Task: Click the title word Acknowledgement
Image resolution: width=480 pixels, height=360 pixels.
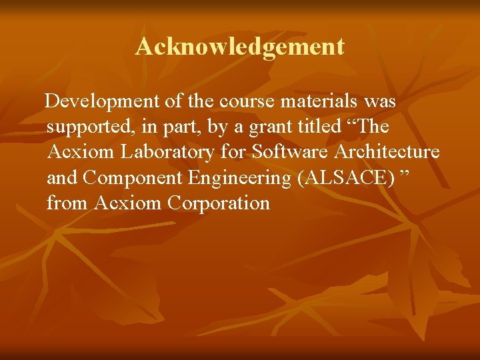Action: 240,47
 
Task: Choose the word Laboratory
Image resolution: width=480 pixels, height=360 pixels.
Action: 167,153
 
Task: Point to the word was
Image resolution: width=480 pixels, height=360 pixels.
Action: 380,102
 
